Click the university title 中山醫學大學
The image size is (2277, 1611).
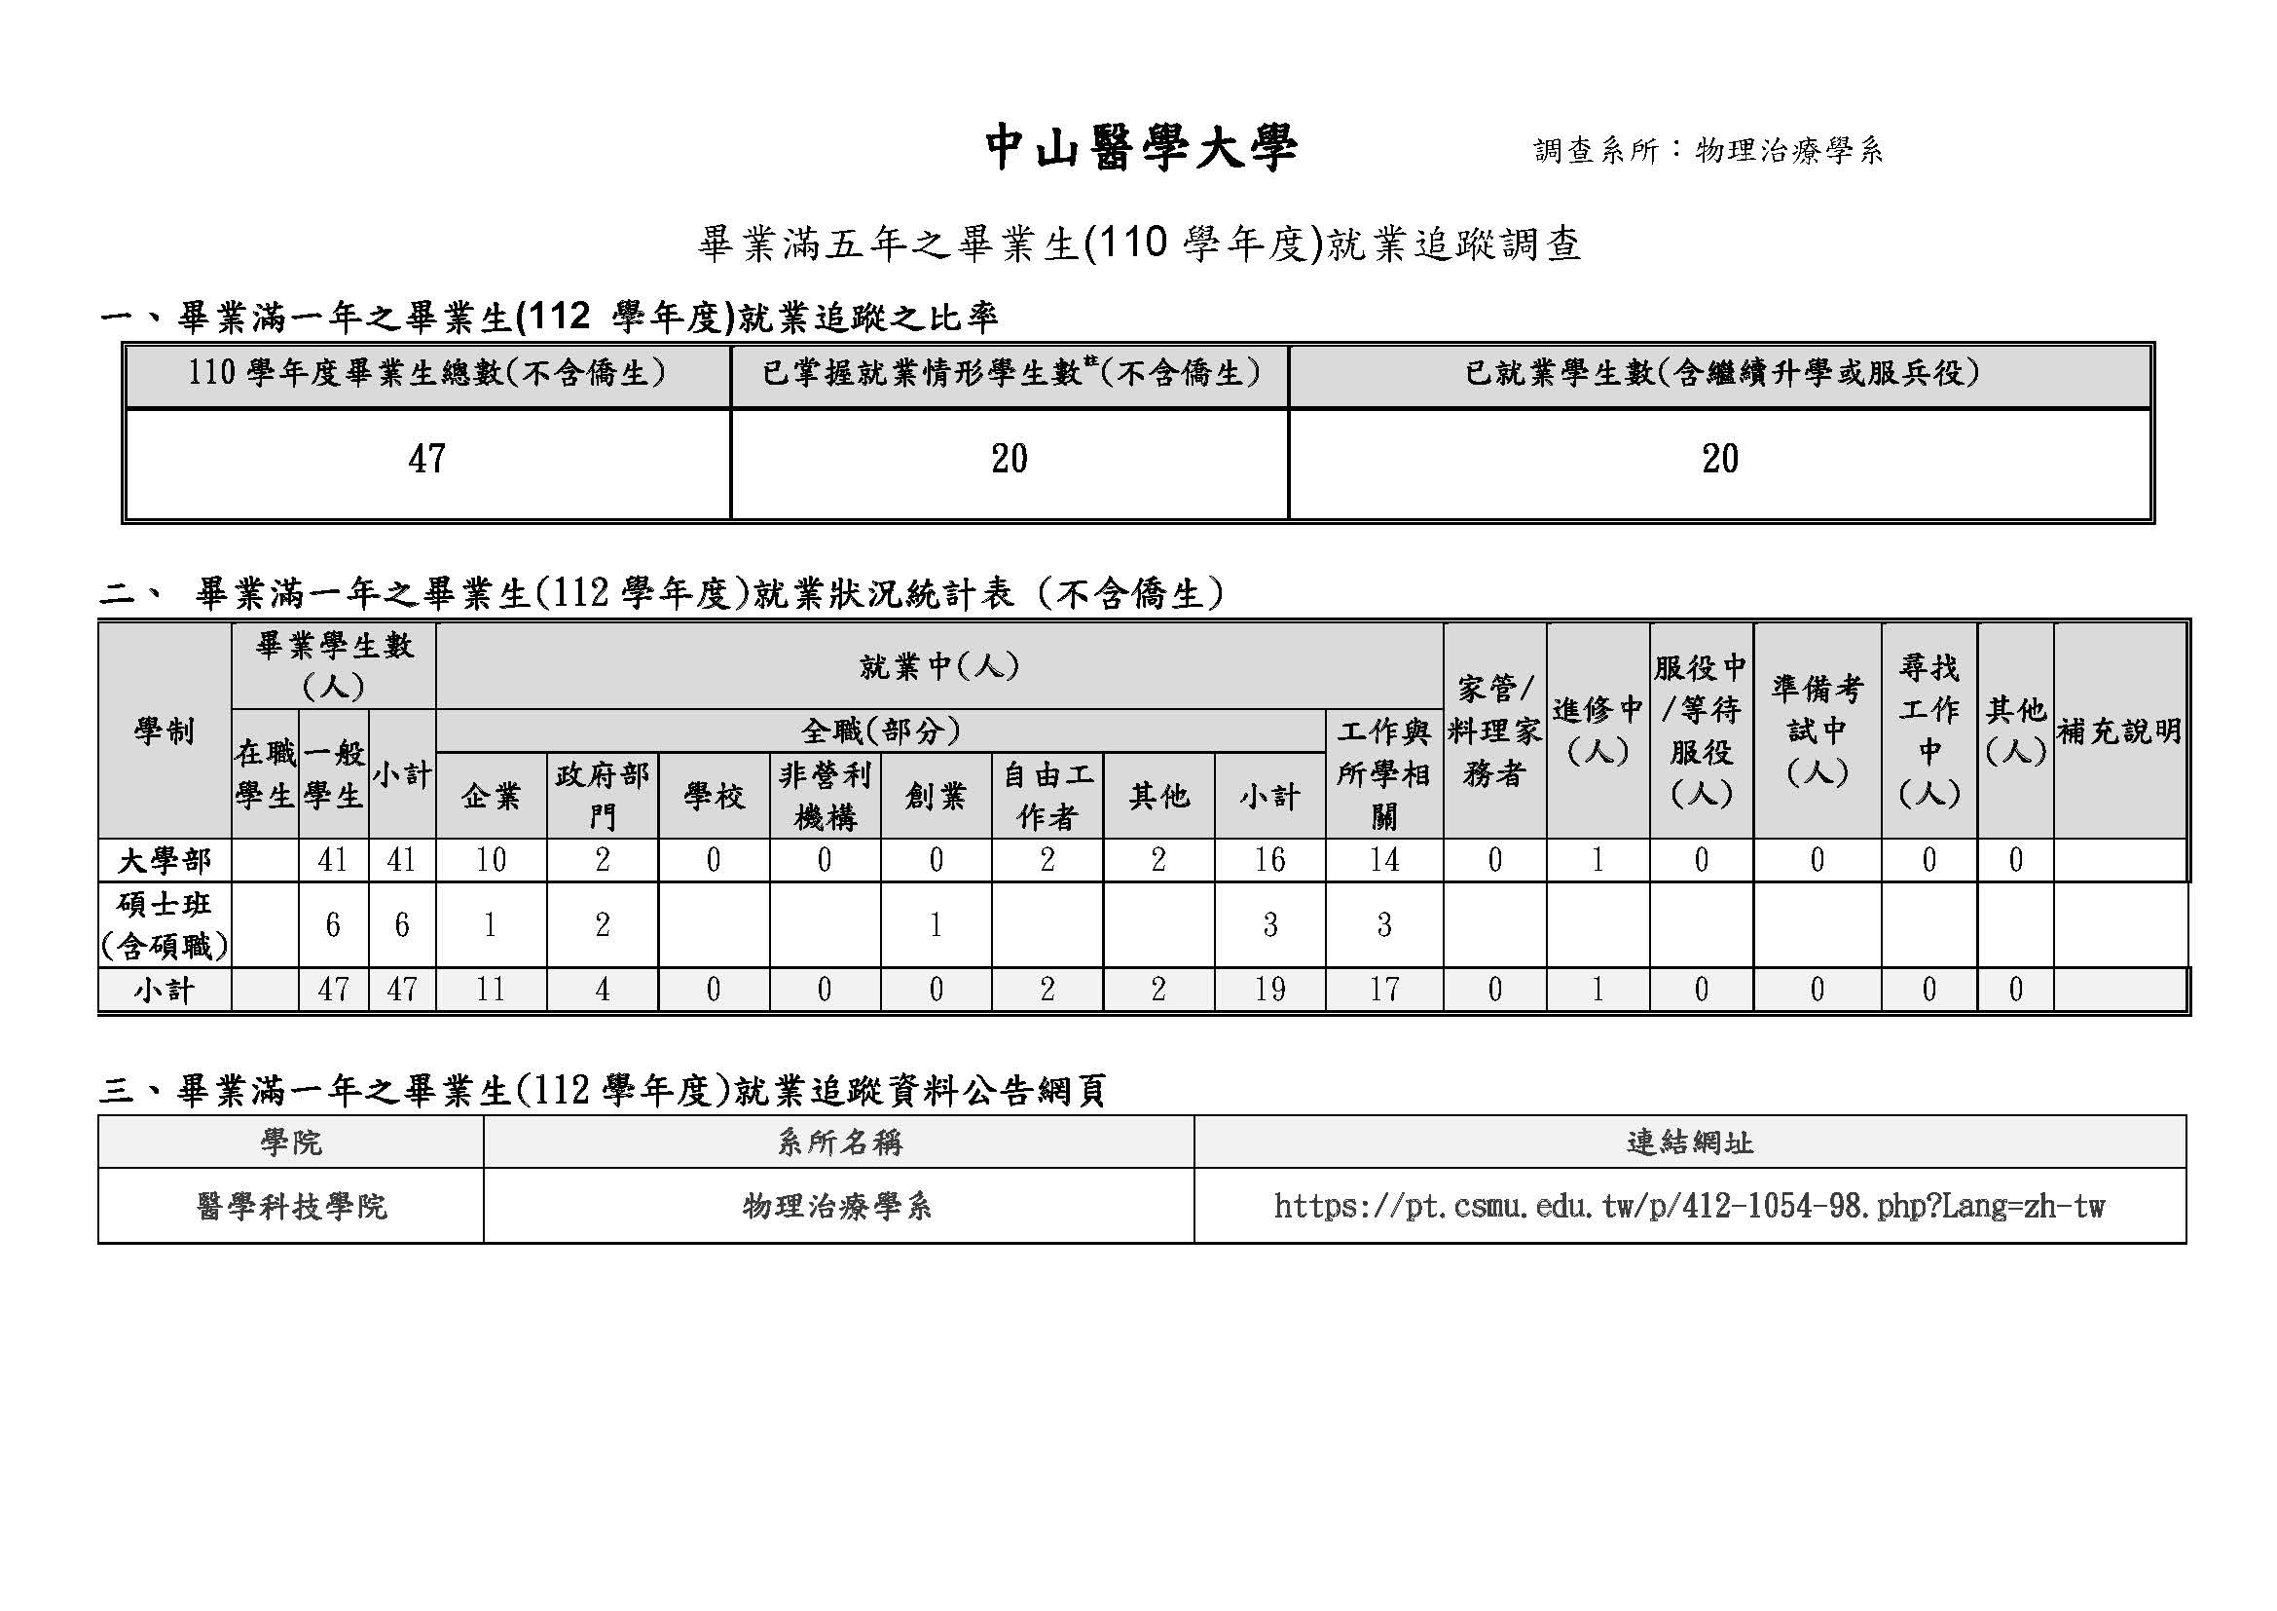click(x=1141, y=149)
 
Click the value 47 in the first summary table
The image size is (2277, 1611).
click(x=426, y=460)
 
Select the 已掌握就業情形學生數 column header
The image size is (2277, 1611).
click(x=1010, y=374)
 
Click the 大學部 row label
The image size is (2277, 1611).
click(x=165, y=860)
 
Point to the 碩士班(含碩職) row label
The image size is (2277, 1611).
click(x=165, y=924)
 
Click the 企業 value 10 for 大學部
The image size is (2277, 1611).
click(x=491, y=860)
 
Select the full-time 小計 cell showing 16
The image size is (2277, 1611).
click(x=1269, y=860)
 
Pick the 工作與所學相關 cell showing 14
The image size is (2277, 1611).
click(x=1383, y=860)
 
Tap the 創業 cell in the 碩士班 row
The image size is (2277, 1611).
click(x=936, y=924)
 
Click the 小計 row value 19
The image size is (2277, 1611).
click(x=1269, y=989)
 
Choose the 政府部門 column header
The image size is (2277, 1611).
click(x=602, y=796)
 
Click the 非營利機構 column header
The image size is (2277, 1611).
click(x=825, y=796)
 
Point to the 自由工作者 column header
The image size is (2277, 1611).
click(x=1047, y=796)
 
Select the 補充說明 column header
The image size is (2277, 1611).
click(x=2119, y=732)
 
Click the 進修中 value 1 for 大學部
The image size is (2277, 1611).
click(x=1598, y=860)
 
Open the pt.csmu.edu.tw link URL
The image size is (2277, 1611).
click(x=1689, y=1206)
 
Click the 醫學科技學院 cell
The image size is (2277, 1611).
click(x=292, y=1206)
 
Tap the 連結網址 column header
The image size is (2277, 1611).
click(x=1689, y=1143)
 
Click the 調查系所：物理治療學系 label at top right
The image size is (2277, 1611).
click(x=1708, y=151)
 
